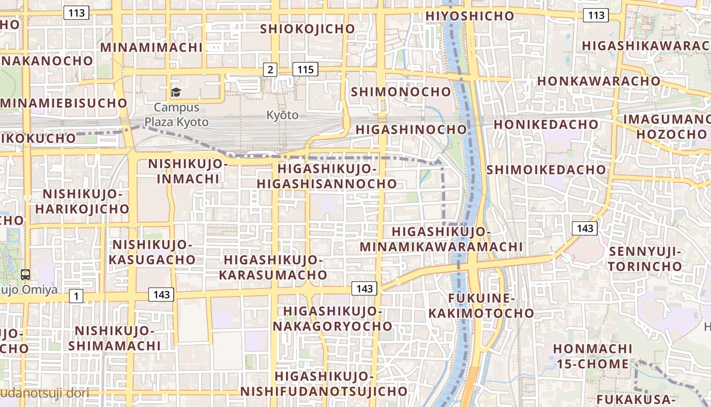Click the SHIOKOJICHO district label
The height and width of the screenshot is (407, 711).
coord(307,29)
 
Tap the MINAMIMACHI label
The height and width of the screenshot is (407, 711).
coord(151,48)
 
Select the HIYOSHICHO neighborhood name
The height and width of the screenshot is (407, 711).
coord(470,16)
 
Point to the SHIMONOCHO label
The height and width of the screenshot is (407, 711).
coord(401,92)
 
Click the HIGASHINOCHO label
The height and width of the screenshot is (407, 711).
coord(411,130)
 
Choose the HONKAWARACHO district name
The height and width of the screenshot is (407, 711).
coord(599,81)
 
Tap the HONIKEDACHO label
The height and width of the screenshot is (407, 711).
coord(546,125)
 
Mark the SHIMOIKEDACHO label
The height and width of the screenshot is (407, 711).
coord(546,170)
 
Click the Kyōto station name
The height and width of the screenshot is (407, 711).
coord(282,115)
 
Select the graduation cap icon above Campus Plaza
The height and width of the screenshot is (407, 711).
coord(176,92)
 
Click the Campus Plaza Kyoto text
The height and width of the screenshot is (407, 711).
coord(176,115)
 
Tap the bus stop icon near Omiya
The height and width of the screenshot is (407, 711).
coord(25,275)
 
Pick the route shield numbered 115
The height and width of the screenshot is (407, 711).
coord(305,69)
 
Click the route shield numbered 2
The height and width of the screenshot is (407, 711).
coord(270,70)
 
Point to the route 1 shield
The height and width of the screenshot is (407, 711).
coord(76,296)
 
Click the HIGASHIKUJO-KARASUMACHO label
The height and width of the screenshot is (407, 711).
coord(273,268)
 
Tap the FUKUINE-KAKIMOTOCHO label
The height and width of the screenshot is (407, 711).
coord(481,305)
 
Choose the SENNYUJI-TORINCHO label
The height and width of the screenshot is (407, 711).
coord(645,259)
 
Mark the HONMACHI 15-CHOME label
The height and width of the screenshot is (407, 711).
coord(593,357)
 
